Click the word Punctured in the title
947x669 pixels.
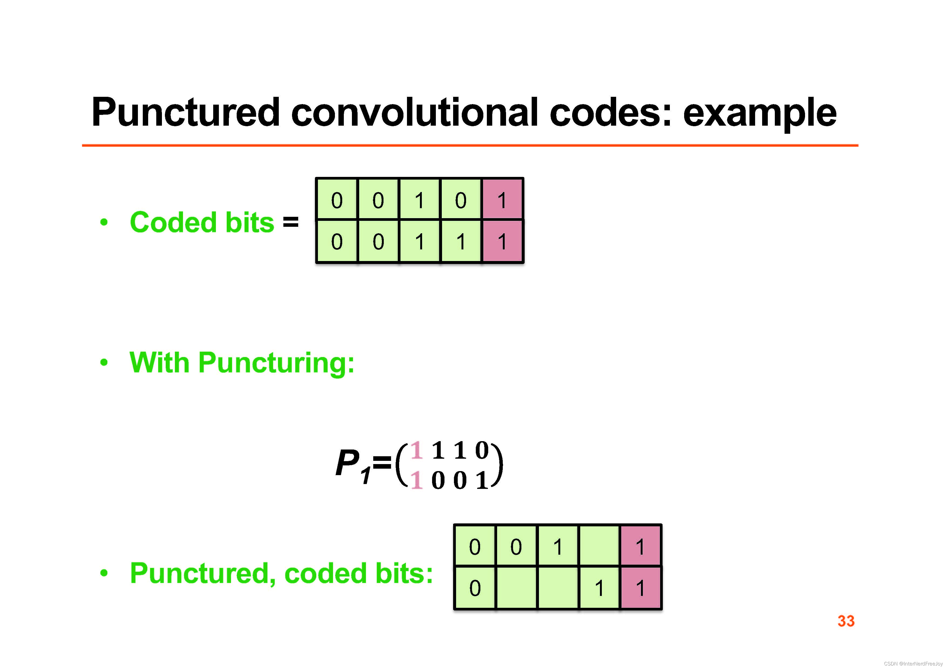click(x=186, y=112)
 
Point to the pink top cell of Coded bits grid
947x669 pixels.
click(x=502, y=200)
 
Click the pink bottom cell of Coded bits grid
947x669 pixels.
click(x=502, y=241)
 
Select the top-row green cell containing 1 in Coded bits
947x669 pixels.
click(x=419, y=200)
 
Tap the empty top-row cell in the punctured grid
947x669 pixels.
click(x=599, y=546)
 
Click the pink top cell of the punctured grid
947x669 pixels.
click(x=640, y=546)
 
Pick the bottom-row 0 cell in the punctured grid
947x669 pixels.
click(x=475, y=587)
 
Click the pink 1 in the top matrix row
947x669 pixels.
click(x=417, y=450)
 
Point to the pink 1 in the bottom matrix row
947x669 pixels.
click(x=417, y=480)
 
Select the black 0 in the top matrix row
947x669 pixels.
click(x=482, y=450)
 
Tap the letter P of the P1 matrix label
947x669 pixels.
click(x=347, y=463)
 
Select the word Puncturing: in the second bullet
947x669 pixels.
click(x=276, y=363)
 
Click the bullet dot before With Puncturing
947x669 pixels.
click(x=104, y=363)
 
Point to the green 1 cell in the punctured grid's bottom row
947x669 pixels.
click(x=599, y=587)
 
